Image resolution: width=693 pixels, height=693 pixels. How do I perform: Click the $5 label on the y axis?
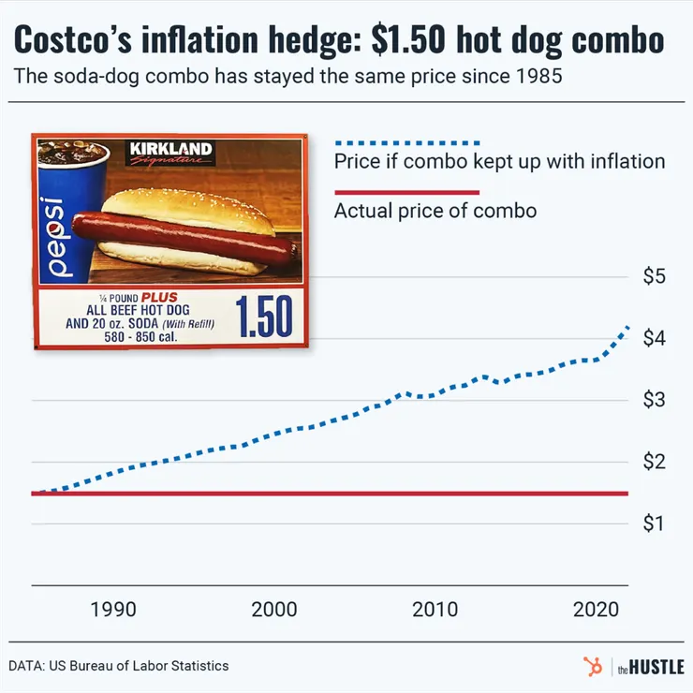click(654, 277)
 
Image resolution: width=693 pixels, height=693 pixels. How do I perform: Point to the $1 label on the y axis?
click(654, 523)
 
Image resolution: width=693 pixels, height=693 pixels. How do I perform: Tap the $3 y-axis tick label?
click(654, 401)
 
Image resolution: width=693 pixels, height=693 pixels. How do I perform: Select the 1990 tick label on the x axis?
click(113, 610)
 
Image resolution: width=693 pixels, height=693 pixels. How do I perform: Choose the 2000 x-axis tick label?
click(274, 610)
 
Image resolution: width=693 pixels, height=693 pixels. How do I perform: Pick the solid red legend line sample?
click(405, 192)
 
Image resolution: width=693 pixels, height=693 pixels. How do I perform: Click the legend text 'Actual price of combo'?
click(435, 210)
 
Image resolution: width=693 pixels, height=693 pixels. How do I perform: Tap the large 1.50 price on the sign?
click(263, 317)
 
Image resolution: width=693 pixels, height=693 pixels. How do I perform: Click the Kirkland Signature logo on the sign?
click(170, 153)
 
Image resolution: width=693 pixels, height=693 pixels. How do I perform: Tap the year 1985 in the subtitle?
click(538, 77)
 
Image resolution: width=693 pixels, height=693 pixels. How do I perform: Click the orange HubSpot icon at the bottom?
click(592, 666)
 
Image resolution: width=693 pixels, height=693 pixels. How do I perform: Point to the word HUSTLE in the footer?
click(656, 667)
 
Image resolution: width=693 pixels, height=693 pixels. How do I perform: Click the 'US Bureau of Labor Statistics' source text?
click(140, 666)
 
